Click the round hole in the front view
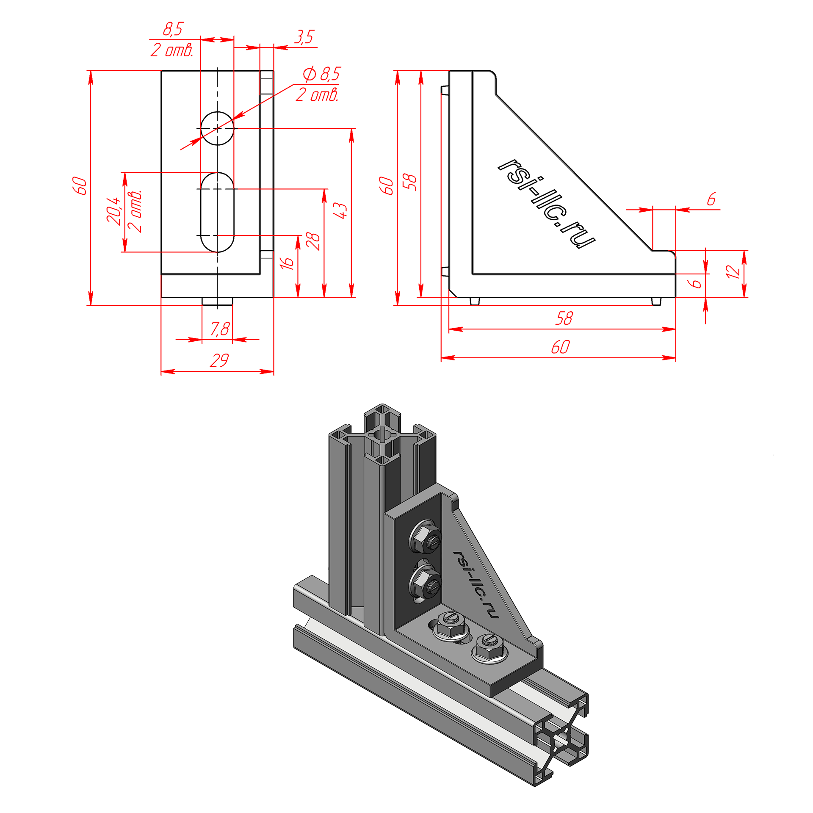click(217, 128)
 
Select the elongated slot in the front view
click(217, 212)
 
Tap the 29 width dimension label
click(219, 360)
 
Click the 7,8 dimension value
click(220, 329)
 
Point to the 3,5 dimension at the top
click(304, 37)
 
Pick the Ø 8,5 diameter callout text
click(322, 74)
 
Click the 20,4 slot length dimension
click(114, 210)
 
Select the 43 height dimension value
click(341, 210)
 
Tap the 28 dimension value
click(313, 241)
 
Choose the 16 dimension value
click(287, 263)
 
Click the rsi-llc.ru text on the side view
click(547, 203)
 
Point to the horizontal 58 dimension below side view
click(564, 318)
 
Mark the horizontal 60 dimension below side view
click(561, 347)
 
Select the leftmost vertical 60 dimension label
click(80, 186)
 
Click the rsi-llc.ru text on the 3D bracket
click(476, 585)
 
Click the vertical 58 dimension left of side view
click(410, 182)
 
